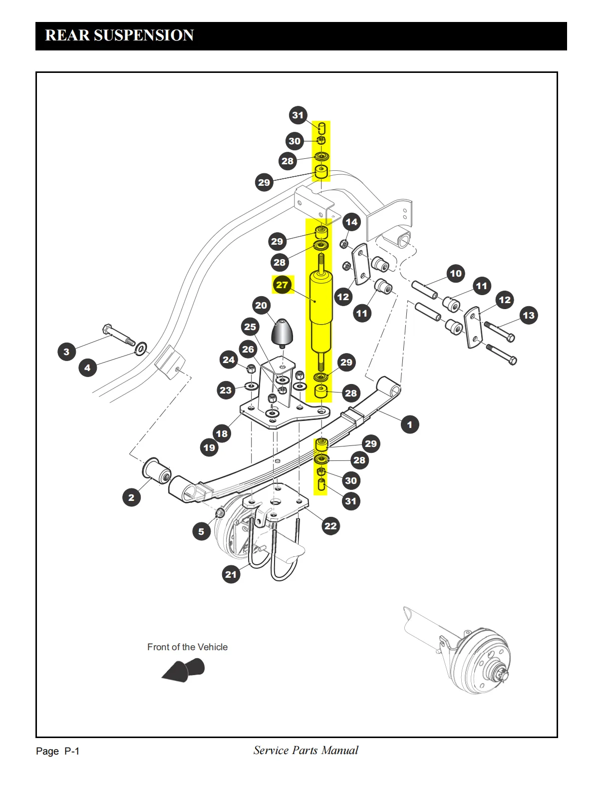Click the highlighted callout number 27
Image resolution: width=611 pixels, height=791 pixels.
pos(283,285)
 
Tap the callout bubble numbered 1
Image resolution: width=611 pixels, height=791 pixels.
pos(410,424)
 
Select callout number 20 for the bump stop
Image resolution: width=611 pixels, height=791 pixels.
pos(261,305)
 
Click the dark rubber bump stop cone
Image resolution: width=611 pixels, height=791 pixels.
pos(282,332)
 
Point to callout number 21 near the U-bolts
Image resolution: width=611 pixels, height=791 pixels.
pos(231,574)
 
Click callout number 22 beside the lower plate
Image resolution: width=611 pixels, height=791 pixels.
pos(330,525)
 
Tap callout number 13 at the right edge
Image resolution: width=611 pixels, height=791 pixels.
pos(528,315)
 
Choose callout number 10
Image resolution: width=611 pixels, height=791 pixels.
pos(456,273)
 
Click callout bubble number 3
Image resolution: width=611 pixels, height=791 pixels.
pos(67,352)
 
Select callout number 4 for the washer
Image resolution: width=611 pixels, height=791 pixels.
pos(87,368)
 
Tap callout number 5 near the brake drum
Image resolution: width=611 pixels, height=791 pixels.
pos(201,531)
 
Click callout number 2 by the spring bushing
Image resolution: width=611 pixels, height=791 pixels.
pos(131,497)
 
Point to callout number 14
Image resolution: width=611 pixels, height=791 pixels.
pos(351,222)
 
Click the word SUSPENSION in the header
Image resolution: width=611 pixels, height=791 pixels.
pos(144,35)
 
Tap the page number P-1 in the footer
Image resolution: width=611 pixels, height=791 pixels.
pos(72,751)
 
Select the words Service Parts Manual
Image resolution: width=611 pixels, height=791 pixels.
pos(305,750)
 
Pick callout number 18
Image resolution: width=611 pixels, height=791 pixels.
pos(222,433)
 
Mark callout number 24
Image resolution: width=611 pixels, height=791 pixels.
pos(229,360)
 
